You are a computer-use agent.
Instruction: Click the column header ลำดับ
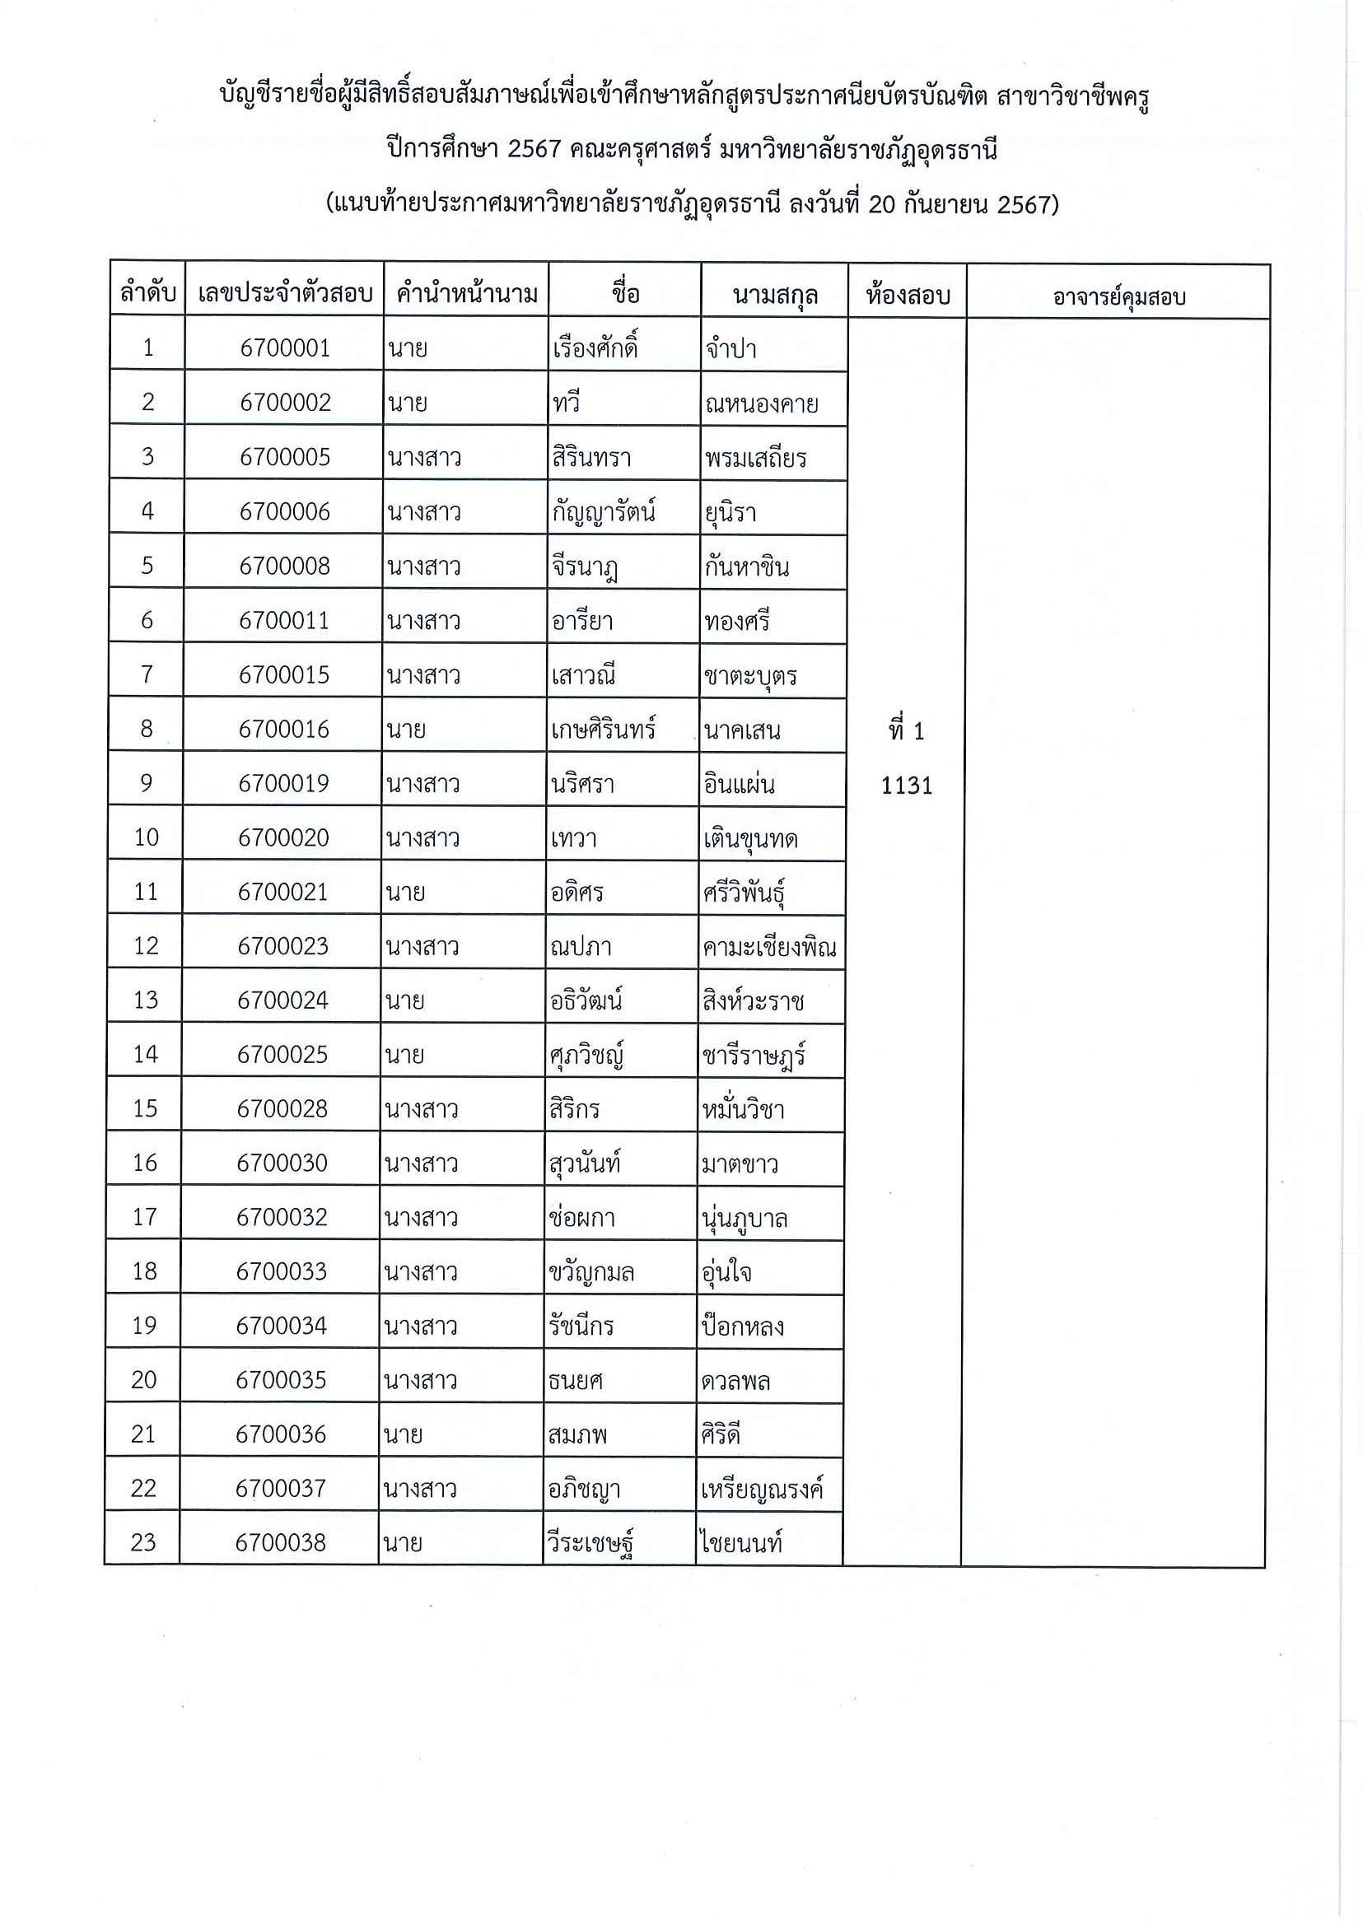coord(147,293)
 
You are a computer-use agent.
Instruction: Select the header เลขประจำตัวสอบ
coord(284,293)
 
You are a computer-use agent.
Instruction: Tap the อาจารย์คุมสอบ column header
coord(1118,296)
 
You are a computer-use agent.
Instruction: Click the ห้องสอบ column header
coord(908,296)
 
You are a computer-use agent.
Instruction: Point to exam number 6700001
coord(285,347)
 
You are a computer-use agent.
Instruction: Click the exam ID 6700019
coord(283,783)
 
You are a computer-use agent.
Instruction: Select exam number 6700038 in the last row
coord(280,1541)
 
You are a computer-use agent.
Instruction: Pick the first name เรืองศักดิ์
coord(595,347)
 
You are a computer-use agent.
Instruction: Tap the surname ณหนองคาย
coord(761,403)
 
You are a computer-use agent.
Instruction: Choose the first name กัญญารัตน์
coord(604,511)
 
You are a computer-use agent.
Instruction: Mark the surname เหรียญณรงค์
coord(762,1489)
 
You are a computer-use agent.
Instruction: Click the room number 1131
coord(907,786)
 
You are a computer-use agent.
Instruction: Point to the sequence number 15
coord(145,1108)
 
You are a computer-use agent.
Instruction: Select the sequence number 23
coord(143,1541)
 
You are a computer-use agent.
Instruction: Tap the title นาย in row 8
coord(406,730)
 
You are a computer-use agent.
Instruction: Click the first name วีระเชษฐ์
coord(590,1542)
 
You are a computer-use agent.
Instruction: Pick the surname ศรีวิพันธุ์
coord(744,893)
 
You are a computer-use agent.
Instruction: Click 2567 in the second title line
coord(534,149)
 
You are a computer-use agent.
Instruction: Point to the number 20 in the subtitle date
coord(882,204)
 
